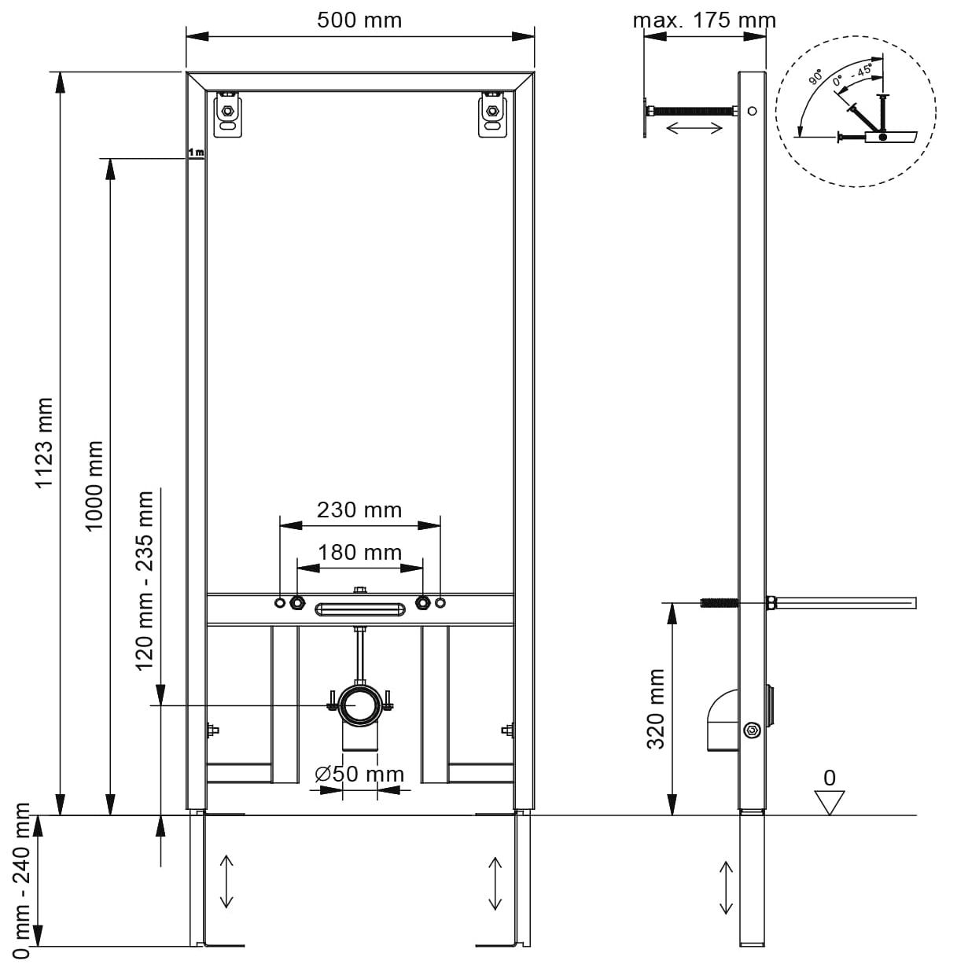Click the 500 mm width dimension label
tap(359, 20)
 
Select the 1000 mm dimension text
tap(94, 486)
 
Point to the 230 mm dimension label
tap(359, 510)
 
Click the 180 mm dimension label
tap(359, 553)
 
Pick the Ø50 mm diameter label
tap(359, 774)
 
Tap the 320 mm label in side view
tap(656, 708)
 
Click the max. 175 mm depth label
tap(704, 20)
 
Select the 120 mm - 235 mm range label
tap(145, 580)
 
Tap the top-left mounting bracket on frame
tap(228, 113)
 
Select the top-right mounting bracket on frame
tap(492, 113)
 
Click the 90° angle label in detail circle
tap(816, 77)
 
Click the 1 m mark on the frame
tap(195, 153)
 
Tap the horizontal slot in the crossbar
tap(359, 608)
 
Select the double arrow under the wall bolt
tap(694, 127)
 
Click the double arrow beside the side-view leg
tap(725, 887)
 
